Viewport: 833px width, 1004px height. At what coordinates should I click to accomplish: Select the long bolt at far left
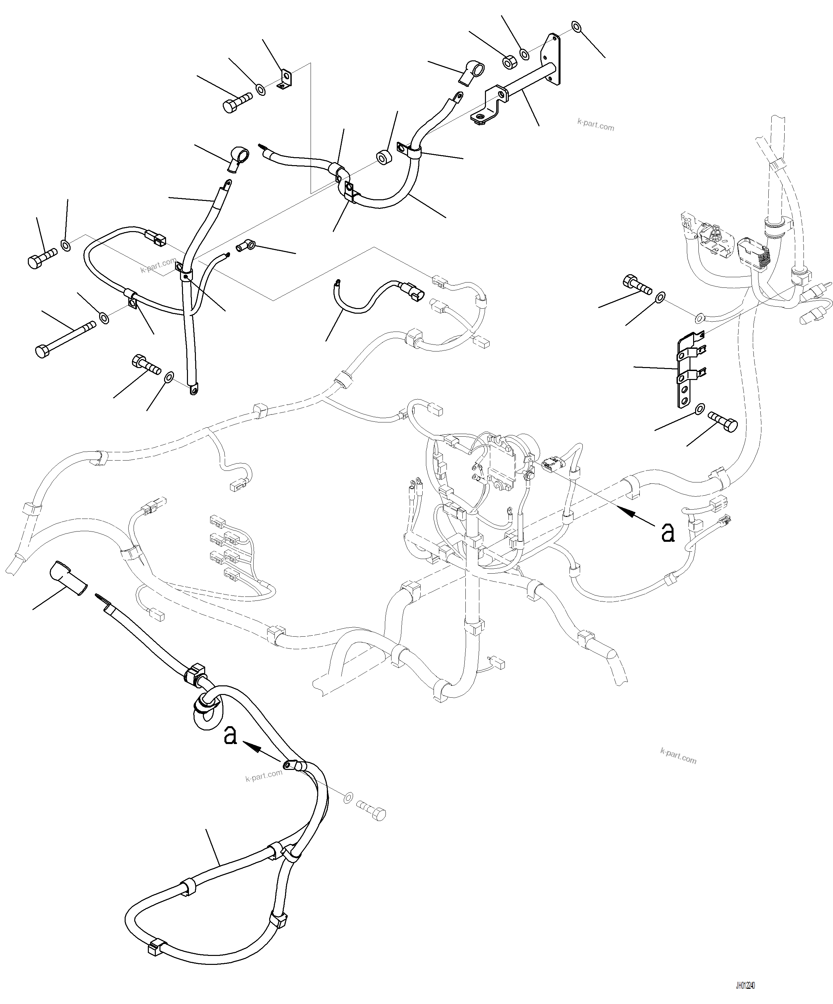[x=62, y=341]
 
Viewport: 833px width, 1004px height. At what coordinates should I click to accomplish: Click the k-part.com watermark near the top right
[x=595, y=125]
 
